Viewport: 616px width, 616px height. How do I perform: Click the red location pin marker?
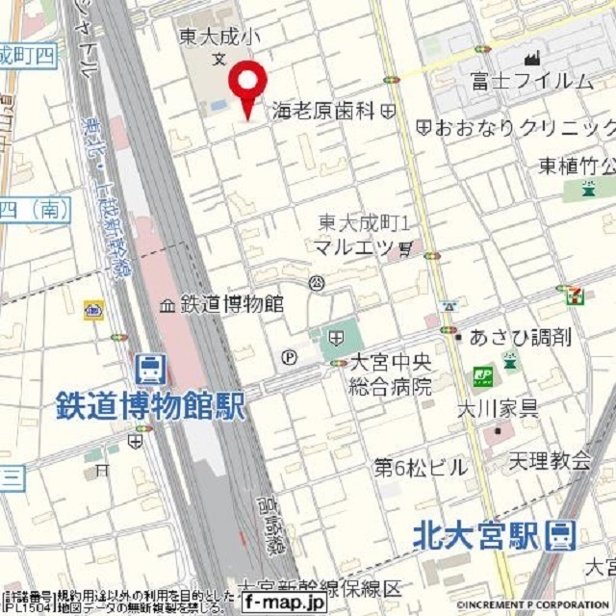pos(248,83)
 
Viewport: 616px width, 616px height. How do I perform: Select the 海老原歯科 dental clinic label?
pos(321,111)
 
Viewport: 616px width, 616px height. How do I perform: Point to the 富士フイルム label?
pos(531,80)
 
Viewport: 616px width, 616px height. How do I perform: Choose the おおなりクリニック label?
pos(525,127)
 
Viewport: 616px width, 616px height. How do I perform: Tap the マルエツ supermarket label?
pos(354,246)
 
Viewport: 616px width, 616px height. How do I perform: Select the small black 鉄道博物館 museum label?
pos(231,304)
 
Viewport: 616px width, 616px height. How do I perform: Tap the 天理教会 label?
pos(552,461)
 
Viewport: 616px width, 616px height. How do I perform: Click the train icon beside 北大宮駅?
pos(559,535)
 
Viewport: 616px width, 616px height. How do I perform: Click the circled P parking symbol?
pos(290,357)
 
